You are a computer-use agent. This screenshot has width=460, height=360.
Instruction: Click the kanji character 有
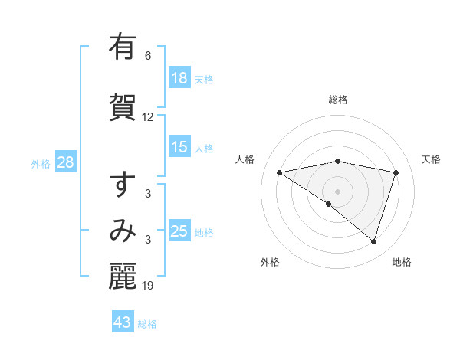pyautogui.click(x=123, y=48)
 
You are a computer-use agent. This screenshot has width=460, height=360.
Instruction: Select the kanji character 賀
pyautogui.click(x=123, y=106)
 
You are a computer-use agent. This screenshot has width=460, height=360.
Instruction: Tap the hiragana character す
pyautogui.click(x=123, y=185)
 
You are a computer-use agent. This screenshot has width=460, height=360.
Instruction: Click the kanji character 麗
pyautogui.click(x=123, y=277)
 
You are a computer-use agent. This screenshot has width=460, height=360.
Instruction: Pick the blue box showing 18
pyautogui.click(x=179, y=78)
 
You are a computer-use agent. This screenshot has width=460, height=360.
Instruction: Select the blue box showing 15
pyautogui.click(x=179, y=147)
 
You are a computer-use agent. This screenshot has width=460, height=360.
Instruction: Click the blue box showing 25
pyautogui.click(x=179, y=231)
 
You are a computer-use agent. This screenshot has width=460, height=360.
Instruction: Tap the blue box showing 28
pyautogui.click(x=65, y=162)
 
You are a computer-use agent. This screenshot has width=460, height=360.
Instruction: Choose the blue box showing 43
pyautogui.click(x=123, y=322)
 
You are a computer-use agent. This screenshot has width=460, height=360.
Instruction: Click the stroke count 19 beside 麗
pyautogui.click(x=148, y=286)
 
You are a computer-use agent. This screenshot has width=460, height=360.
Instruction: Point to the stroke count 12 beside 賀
pyautogui.click(x=148, y=117)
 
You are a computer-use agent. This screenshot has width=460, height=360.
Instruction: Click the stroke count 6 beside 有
pyautogui.click(x=148, y=56)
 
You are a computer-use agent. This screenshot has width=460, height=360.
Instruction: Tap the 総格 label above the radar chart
pyautogui.click(x=338, y=100)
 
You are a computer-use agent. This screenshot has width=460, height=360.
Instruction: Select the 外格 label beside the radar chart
pyautogui.click(x=270, y=262)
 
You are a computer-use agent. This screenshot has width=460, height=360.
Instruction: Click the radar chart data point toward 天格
pyautogui.click(x=396, y=172)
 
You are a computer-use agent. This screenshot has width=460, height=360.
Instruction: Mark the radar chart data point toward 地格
pyautogui.click(x=373, y=241)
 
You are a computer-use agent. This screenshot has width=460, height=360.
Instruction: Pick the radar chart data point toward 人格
pyautogui.click(x=280, y=172)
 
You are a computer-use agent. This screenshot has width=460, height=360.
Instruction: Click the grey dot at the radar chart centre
pyautogui.click(x=338, y=191)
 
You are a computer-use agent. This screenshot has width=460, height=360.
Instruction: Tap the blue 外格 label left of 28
pyautogui.click(x=41, y=163)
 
